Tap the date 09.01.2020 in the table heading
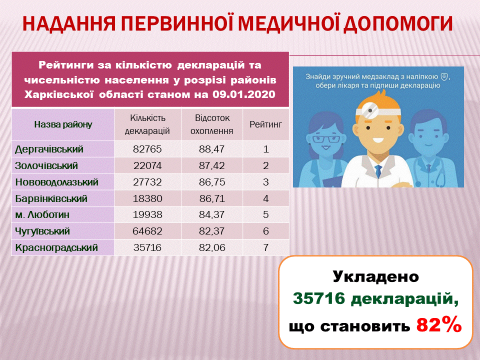pos(244,94)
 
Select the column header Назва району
pos(63,124)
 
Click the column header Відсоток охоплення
pos(212,124)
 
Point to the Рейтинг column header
pos(265,124)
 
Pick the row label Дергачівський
pos(49,149)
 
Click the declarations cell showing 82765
pos(147,149)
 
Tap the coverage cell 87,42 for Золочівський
pos(212,165)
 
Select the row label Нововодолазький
pos(57,182)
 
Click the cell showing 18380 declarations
pos(147,198)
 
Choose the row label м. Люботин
pos(42,214)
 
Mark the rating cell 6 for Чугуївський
pos(265,231)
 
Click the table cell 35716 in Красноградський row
pos(147,247)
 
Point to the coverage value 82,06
pos(212,247)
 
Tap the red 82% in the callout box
pos(439,325)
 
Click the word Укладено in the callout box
pos(375,276)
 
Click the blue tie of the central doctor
pos(378,171)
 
